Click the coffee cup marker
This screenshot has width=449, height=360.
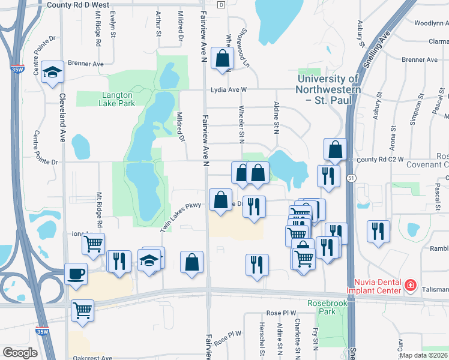pyautogui.click(x=76, y=274)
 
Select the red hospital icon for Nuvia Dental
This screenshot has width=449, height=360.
pyautogui.click(x=410, y=285)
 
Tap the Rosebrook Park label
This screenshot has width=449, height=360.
pyautogui.click(x=324, y=307)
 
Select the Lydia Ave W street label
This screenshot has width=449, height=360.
pyautogui.click(x=229, y=90)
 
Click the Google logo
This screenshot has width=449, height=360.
pyautogui.click(x=20, y=353)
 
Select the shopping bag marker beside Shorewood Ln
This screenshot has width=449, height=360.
pyautogui.click(x=222, y=59)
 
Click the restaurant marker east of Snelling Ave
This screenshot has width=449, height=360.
pyautogui.click(x=378, y=232)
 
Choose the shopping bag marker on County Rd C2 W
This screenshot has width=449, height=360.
pyautogui.click(x=335, y=150)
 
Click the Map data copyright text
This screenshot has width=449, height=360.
pyautogui.click(x=423, y=355)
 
